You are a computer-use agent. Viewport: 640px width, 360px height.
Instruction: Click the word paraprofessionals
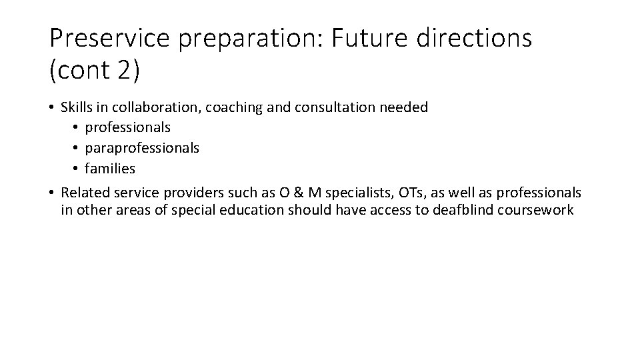[x=142, y=148]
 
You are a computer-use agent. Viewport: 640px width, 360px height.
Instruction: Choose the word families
[x=110, y=169]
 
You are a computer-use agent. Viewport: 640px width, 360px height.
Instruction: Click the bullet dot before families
[x=77, y=169]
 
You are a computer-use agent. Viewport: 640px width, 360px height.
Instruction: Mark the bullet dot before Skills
[x=52, y=107]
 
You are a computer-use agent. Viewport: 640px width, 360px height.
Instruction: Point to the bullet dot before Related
[x=52, y=193]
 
